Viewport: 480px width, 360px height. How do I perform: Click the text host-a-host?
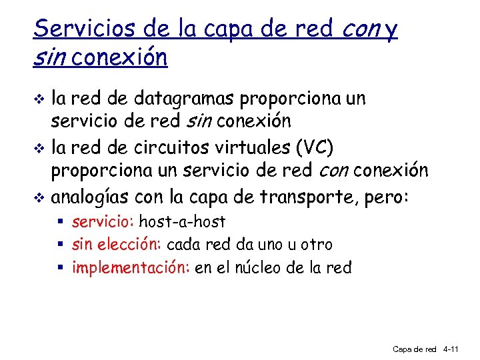click(x=182, y=222)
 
